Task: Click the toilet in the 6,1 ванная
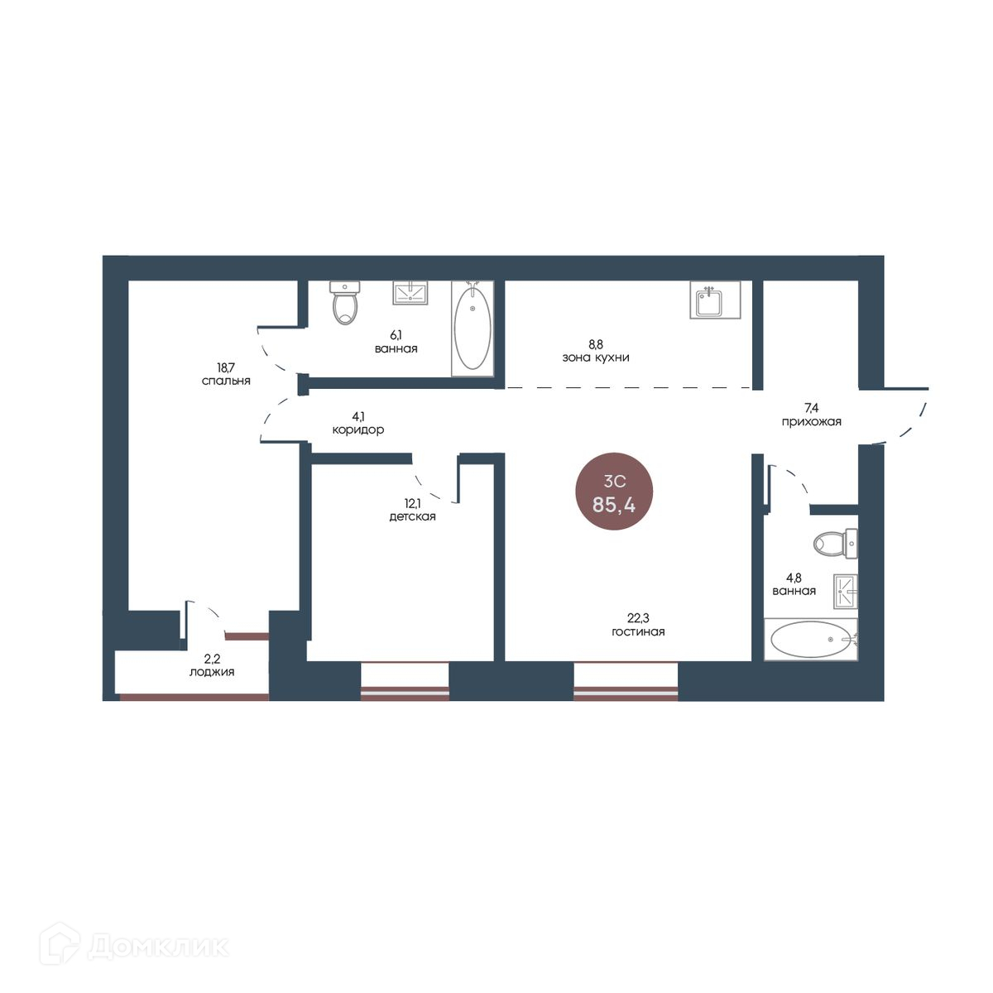point(345,303)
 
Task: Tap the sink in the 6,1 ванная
point(410,293)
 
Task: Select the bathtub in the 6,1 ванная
point(473,329)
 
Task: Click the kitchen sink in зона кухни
point(715,300)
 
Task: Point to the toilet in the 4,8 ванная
point(835,544)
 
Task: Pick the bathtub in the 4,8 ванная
point(811,639)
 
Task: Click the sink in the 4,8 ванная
point(846,592)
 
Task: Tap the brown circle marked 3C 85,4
point(614,492)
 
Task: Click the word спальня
point(226,381)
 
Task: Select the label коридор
point(358,429)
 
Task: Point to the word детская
point(412,517)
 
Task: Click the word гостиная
point(638,631)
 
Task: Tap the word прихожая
point(812,422)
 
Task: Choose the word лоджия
point(212,672)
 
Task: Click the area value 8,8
point(596,343)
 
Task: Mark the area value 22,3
point(638,618)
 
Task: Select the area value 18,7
point(226,367)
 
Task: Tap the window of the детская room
point(405,680)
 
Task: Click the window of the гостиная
point(626,680)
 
